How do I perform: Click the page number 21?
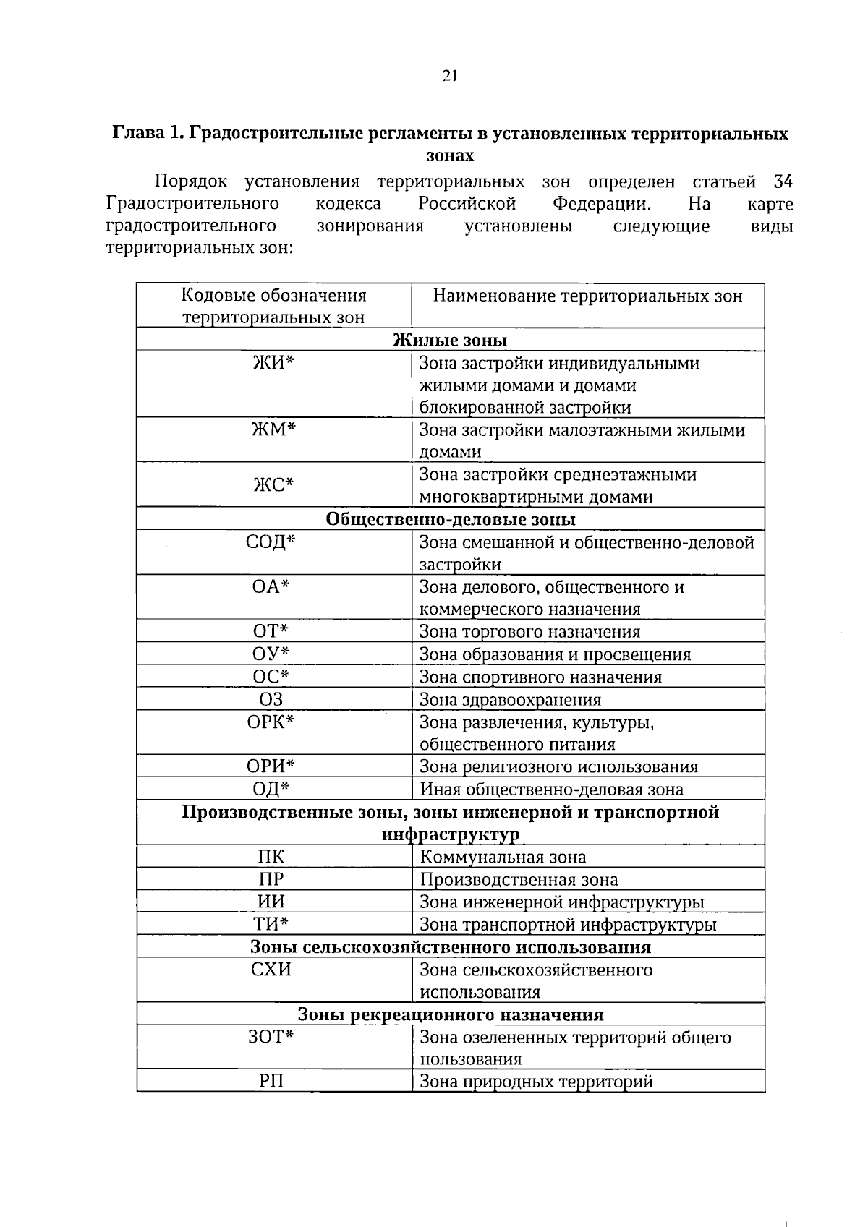(449, 77)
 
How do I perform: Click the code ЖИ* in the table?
(273, 363)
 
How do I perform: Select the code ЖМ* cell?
(273, 430)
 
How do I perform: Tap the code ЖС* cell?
(273, 485)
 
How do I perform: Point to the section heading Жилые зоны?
(449, 340)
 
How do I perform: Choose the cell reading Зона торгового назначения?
(529, 632)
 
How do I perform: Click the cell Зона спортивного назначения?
(540, 677)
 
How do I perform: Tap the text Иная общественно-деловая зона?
(551, 790)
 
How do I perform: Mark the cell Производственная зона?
(519, 880)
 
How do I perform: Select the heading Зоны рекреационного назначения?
(450, 1014)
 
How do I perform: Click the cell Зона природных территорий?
(536, 1082)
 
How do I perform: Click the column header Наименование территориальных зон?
(587, 296)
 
